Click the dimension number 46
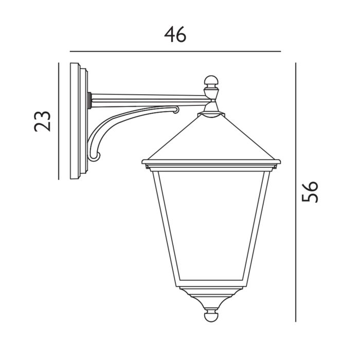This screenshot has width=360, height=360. (175, 34)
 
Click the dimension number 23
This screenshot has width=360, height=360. (43, 121)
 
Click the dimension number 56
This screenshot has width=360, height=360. (310, 191)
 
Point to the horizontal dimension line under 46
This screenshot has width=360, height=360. (175, 51)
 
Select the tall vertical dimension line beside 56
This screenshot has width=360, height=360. (296, 191)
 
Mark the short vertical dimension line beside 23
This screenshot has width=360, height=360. (59, 121)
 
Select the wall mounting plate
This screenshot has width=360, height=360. (80, 121)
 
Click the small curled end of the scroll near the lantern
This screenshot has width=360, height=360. (176, 110)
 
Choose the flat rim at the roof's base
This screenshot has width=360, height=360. (211, 164)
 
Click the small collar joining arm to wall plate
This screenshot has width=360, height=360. (91, 100)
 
